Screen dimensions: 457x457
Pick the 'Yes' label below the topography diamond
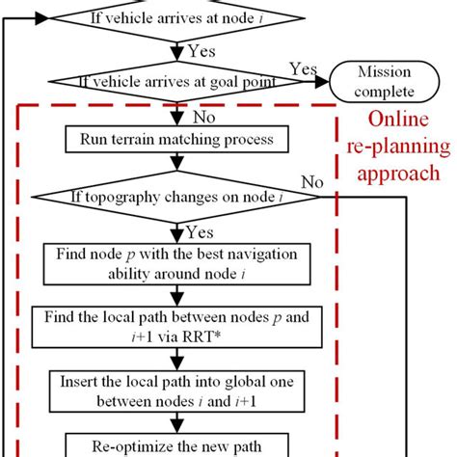point(200,230)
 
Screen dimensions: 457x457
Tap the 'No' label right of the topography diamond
point(311,182)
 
